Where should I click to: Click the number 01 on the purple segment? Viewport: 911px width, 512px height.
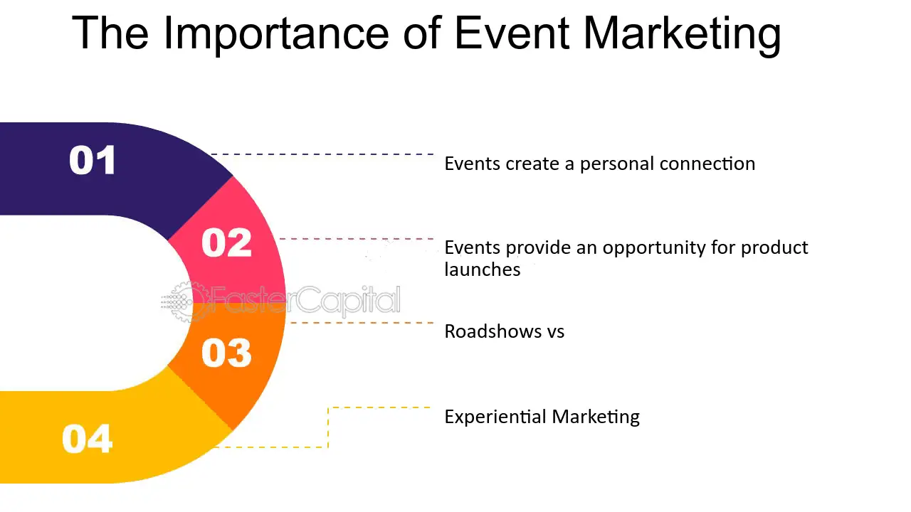pyautogui.click(x=93, y=160)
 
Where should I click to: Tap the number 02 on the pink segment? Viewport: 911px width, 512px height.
pyautogui.click(x=226, y=242)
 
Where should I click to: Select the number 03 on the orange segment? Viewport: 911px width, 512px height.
pyautogui.click(x=226, y=353)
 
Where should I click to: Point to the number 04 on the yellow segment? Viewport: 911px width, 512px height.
pyautogui.click(x=87, y=439)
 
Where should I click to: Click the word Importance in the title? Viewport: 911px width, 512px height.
pyautogui.click(x=276, y=33)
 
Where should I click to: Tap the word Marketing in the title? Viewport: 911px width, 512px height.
pyautogui.click(x=682, y=33)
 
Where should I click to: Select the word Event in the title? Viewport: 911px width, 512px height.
pyautogui.click(x=512, y=33)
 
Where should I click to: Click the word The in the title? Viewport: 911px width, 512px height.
pyautogui.click(x=110, y=33)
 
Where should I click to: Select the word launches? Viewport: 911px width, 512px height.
pyautogui.click(x=483, y=270)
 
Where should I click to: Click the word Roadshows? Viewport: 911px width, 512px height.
pyautogui.click(x=493, y=331)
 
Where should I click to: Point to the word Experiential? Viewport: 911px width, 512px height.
pyautogui.click(x=495, y=417)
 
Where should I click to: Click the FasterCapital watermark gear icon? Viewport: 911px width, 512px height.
pyautogui.click(x=185, y=302)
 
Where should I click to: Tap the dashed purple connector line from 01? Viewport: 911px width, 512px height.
pyautogui.click(x=322, y=154)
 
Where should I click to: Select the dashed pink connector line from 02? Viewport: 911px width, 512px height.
pyautogui.click(x=357, y=239)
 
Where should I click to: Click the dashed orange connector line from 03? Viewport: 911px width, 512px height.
pyautogui.click(x=360, y=323)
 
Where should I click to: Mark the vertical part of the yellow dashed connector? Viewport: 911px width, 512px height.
pyautogui.click(x=328, y=427)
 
